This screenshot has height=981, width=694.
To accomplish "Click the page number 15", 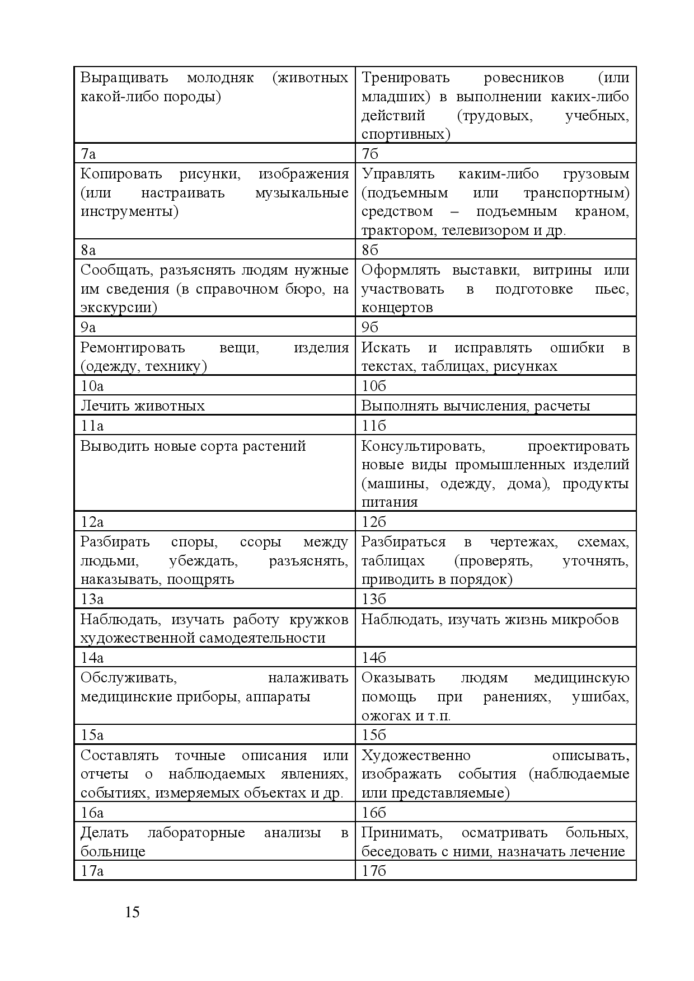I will pos(132,912).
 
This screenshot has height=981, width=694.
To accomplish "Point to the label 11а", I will pos(92,426).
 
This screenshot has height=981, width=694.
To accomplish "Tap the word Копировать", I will pos(121,174).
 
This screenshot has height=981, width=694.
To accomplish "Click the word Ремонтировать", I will pos(133,347).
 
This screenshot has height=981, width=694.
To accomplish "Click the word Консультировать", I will pos(423,446).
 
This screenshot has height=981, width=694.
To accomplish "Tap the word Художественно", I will pos(416,755).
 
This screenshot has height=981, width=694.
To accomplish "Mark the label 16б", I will pos(373,813).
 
